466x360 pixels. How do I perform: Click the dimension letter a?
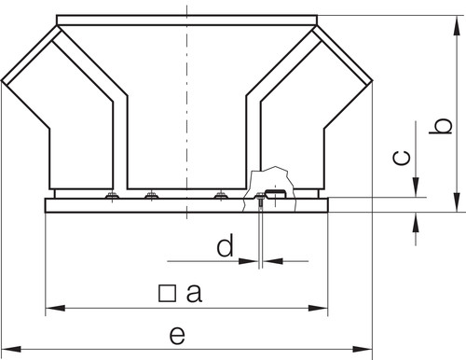point(194,294)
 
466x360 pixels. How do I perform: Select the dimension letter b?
point(441,126)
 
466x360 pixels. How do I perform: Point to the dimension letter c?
point(402,158)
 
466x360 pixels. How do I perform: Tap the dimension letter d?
point(225,245)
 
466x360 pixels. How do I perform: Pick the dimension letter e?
point(177,335)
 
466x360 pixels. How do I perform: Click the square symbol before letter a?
point(167,294)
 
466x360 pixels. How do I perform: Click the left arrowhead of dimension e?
point(11,349)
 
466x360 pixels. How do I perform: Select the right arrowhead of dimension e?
point(363,349)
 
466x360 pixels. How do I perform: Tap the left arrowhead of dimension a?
point(55,308)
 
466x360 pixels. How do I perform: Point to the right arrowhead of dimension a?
point(318,308)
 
